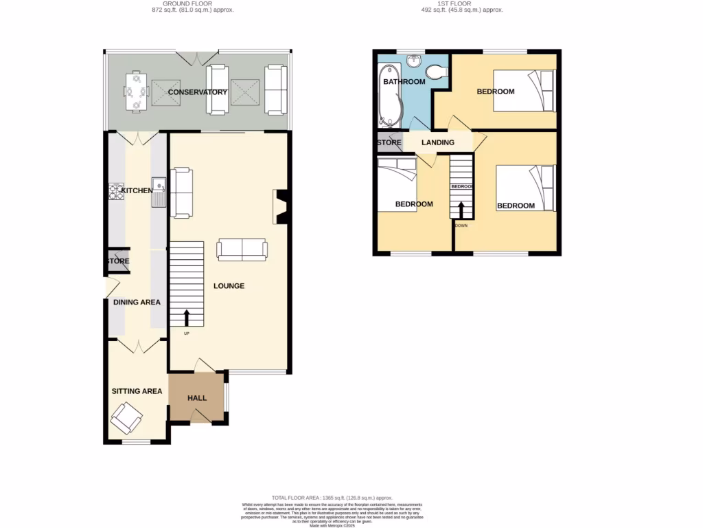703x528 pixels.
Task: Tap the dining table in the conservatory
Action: click(135, 91)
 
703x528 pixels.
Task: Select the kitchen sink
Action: click(159, 190)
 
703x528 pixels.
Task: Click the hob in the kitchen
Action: click(115, 191)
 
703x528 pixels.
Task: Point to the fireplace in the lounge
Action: click(281, 208)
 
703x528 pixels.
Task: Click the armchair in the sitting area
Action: click(127, 417)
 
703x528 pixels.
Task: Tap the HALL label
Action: click(197, 398)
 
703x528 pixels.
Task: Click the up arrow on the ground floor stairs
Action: click(187, 318)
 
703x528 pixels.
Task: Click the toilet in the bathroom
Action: click(434, 71)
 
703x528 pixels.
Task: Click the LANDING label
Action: click(437, 143)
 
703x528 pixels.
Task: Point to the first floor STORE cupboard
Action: click(389, 143)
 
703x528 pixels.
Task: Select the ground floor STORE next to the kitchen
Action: click(117, 261)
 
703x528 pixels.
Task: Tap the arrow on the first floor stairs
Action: click(461, 209)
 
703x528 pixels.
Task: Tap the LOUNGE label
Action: click(229, 286)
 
